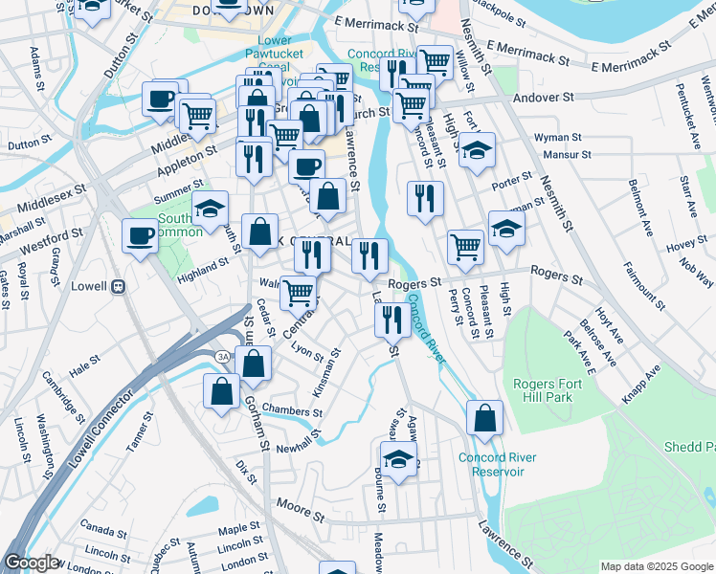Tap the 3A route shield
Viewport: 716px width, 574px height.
pos(222,357)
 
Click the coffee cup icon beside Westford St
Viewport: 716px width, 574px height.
pos(140,235)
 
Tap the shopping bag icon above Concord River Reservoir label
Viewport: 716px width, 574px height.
pos(485,417)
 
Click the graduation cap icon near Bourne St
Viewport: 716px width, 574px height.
pos(399,458)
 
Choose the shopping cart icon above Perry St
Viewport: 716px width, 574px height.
pos(465,246)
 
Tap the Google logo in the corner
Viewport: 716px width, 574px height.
pos(31,563)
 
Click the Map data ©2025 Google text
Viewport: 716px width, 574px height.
pos(656,566)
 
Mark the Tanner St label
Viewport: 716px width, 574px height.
pos(140,432)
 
